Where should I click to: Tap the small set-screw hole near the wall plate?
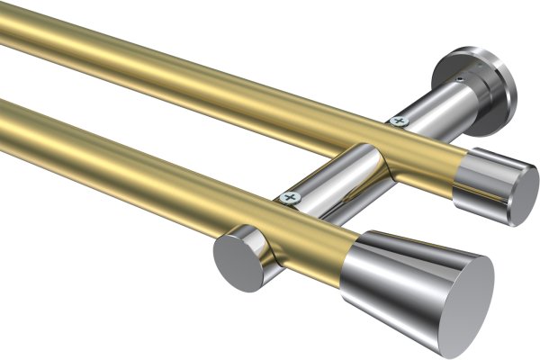pos(460,79)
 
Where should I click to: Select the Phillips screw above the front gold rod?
pos(289,196)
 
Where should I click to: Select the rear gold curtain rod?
pos(180,72)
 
